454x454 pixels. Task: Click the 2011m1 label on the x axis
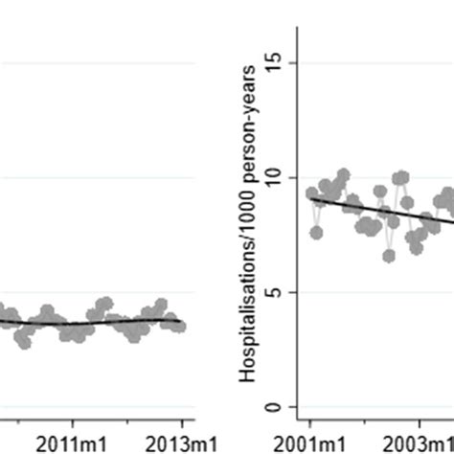point(73,443)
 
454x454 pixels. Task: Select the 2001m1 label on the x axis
point(310,443)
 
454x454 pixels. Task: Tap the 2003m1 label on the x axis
point(420,443)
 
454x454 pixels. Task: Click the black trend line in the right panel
point(383,212)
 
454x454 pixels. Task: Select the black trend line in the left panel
point(96,323)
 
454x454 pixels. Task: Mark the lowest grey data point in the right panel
point(389,256)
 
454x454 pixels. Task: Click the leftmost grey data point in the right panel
point(311,193)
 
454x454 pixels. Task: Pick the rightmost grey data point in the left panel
point(180,326)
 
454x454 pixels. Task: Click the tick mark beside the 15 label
point(293,62)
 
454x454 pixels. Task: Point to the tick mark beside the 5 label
point(293,292)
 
